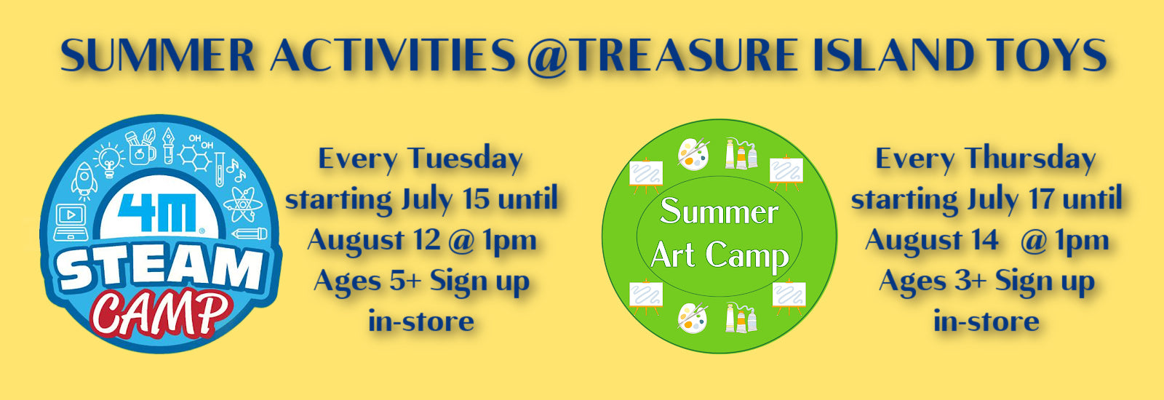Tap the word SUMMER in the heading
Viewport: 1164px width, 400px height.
(157, 55)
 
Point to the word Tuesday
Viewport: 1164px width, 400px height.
(465, 159)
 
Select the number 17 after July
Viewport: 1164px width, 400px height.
(1042, 199)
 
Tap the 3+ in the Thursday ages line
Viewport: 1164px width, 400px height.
(970, 281)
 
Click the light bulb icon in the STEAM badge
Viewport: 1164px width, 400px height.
(108, 159)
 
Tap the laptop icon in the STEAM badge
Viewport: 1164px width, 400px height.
(71, 223)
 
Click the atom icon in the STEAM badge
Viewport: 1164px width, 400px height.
(243, 204)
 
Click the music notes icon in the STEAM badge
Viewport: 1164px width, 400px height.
(236, 170)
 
